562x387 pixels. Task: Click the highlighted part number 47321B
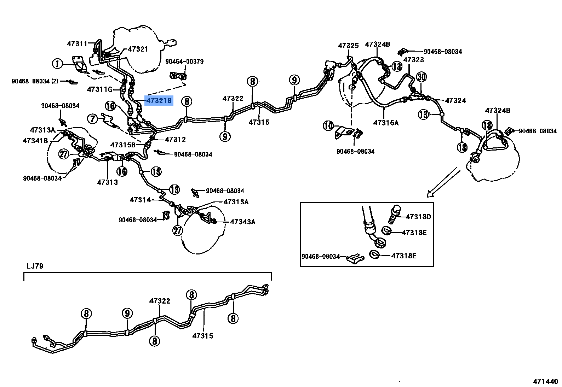pyautogui.click(x=159, y=101)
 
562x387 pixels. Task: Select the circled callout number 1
pyautogui.click(x=57, y=64)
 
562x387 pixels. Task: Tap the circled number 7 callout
pyautogui.click(x=93, y=119)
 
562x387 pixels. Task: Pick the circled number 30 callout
pyautogui.click(x=421, y=77)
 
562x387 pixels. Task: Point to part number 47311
pyautogui.click(x=77, y=44)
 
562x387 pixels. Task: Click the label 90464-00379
pyautogui.click(x=184, y=61)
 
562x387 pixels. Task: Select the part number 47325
pyautogui.click(x=348, y=46)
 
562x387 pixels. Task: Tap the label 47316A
pyautogui.click(x=386, y=123)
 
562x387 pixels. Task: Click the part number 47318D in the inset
pyautogui.click(x=418, y=217)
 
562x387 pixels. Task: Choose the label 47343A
pyautogui.click(x=242, y=222)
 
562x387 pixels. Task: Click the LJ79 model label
pyautogui.click(x=35, y=266)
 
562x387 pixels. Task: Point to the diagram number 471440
pyautogui.click(x=545, y=382)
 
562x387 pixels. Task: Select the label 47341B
pyautogui.click(x=35, y=140)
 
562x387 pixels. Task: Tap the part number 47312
pyautogui.click(x=175, y=140)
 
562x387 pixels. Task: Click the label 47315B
pyautogui.click(x=123, y=145)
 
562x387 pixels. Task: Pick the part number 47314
pyautogui.click(x=140, y=200)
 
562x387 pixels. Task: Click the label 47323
pyautogui.click(x=413, y=60)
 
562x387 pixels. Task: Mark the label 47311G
pyautogui.click(x=99, y=90)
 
